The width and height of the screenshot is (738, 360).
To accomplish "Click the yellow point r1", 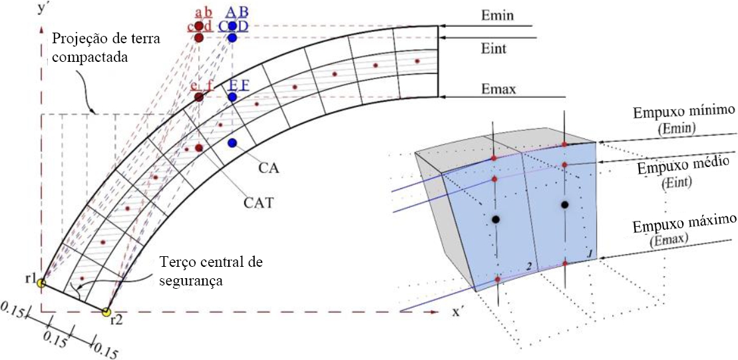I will [41, 283].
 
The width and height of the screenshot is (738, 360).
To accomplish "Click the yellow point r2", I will [106, 311].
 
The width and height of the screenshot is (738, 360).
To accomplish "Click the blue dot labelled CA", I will [232, 143].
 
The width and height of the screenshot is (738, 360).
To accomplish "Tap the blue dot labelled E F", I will [232, 97].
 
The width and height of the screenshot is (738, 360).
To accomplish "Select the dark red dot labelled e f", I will [198, 97].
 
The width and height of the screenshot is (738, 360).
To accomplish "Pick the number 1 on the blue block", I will [588, 253].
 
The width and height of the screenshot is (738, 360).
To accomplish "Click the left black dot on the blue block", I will [495, 220].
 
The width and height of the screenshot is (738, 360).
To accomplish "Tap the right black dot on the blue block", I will [565, 204].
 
